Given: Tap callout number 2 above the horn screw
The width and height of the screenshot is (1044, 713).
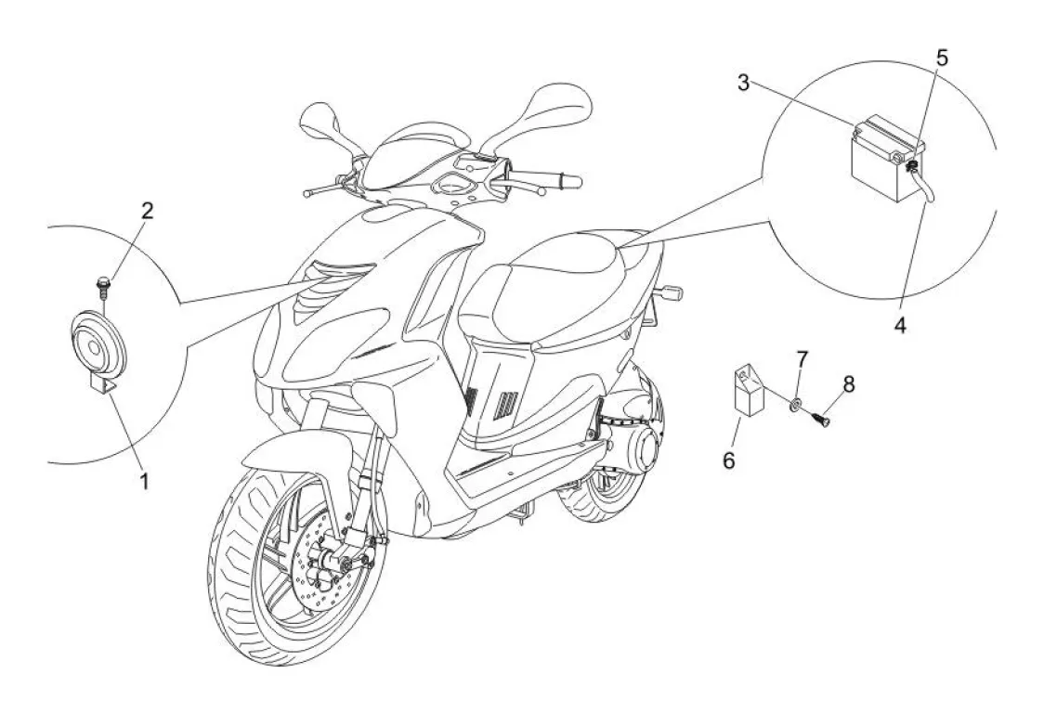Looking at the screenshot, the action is [146, 210].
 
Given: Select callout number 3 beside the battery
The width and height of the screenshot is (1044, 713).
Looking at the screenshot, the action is [744, 82].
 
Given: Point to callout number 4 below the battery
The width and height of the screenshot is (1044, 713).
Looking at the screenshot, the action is [899, 326].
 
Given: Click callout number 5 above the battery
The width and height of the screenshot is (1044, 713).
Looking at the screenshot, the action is [942, 58].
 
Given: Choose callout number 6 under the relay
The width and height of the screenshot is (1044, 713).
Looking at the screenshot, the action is [729, 460].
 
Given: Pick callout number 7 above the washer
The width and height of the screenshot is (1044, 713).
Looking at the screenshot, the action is [803, 358].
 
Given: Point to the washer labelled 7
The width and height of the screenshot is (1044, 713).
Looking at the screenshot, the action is [796, 404].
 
